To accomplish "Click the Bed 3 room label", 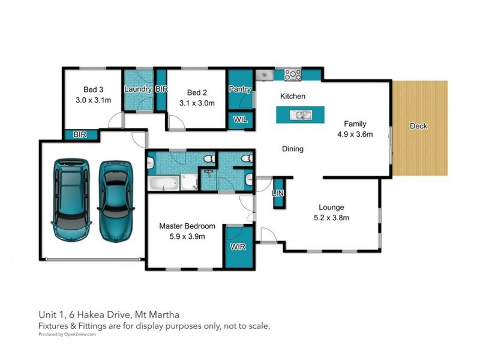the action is [x=94, y=89].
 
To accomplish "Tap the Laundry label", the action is [x=138, y=89].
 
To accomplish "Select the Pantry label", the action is [x=240, y=89].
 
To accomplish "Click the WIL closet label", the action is [x=241, y=119].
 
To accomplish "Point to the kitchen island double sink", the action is [x=301, y=115].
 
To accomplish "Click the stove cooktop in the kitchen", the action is [x=293, y=74].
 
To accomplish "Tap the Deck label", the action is [x=418, y=126].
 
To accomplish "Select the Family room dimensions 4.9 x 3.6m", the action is [x=355, y=134].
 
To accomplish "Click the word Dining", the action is [x=293, y=149].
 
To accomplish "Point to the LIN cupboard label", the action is [x=278, y=193].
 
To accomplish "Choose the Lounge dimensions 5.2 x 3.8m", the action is [x=332, y=218].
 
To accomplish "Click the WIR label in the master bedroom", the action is [x=238, y=247].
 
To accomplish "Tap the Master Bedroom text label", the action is [x=187, y=226].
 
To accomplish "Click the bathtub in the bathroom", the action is [x=163, y=183].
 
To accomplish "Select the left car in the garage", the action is [x=71, y=200].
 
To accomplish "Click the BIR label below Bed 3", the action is [x=80, y=134].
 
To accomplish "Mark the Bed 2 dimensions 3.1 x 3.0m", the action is [x=197, y=103].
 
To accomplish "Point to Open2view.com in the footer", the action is [x=80, y=334].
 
